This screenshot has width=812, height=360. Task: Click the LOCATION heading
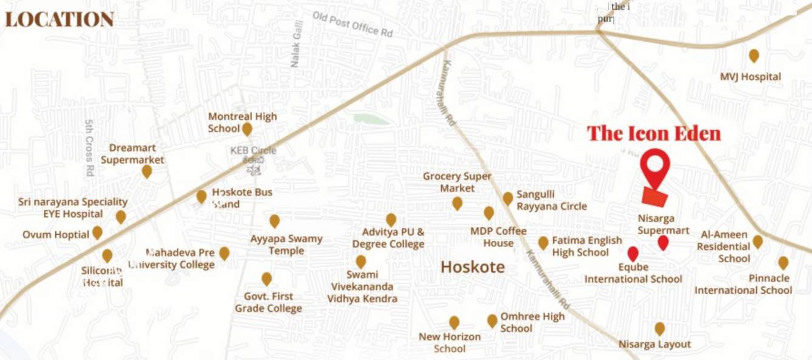point(60,19)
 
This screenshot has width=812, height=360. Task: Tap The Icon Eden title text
point(653,133)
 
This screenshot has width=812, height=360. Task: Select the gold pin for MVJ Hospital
point(754,56)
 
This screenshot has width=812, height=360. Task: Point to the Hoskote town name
point(472,267)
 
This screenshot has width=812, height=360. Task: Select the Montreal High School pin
point(247,129)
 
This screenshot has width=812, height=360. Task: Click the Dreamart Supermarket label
point(132,154)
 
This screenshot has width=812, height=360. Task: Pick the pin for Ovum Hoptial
point(97,233)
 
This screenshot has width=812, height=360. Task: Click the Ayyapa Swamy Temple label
point(286,244)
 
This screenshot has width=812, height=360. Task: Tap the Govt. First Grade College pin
point(266,279)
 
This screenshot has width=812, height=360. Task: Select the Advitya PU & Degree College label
point(388,238)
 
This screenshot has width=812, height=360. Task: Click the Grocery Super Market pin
point(457,203)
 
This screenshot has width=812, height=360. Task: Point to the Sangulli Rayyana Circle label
point(552,200)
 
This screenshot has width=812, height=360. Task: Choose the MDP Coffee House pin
point(489,213)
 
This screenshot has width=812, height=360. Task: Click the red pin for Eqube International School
point(633,253)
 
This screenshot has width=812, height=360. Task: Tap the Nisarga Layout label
point(655,344)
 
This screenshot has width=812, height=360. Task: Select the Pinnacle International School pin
point(783,263)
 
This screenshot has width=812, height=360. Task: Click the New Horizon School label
point(450,342)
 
